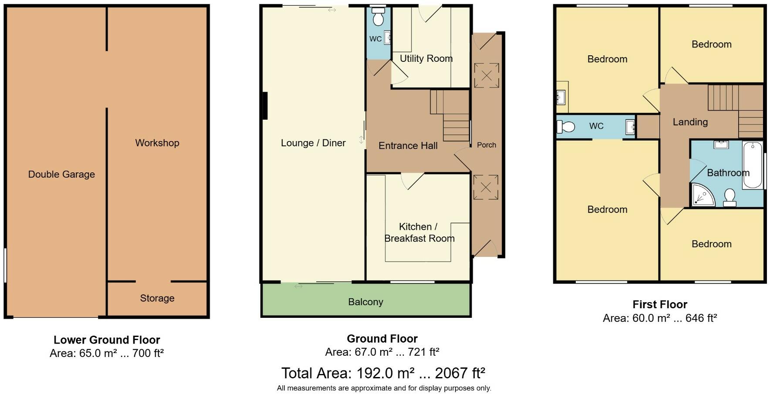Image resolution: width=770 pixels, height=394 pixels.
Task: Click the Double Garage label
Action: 61,175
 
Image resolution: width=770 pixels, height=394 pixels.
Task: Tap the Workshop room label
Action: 157,143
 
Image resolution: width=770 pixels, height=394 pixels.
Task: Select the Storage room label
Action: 157,298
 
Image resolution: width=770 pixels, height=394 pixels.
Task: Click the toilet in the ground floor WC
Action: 378,17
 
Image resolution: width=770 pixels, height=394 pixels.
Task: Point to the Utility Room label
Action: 426,59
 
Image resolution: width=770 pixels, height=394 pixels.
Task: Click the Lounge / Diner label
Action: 313,143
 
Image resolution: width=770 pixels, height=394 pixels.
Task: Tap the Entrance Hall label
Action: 408,146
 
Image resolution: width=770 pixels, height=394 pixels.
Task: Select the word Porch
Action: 486,145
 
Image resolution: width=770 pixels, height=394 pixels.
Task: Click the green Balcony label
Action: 366,302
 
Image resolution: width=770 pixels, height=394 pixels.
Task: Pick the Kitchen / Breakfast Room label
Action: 419,232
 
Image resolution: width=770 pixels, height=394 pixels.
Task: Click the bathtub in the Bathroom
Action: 753,165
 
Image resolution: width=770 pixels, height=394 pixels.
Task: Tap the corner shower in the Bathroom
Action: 703,194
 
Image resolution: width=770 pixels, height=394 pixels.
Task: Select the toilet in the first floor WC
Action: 565,127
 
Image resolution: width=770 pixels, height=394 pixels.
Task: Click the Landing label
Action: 690,122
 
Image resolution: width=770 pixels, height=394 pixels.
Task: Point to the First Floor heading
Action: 660,305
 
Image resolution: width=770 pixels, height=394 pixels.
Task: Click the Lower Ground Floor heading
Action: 107,340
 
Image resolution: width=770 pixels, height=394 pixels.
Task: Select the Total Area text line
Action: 383,374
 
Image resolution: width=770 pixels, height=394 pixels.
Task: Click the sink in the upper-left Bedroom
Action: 561,98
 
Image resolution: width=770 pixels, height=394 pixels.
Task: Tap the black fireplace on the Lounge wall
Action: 265,105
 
